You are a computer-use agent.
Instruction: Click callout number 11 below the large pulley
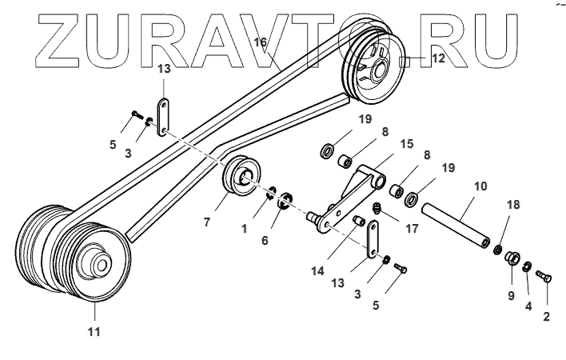94,331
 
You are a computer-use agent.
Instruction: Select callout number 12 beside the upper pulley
437,58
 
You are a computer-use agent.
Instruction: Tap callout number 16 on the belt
260,42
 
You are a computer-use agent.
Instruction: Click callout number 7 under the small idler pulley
206,222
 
